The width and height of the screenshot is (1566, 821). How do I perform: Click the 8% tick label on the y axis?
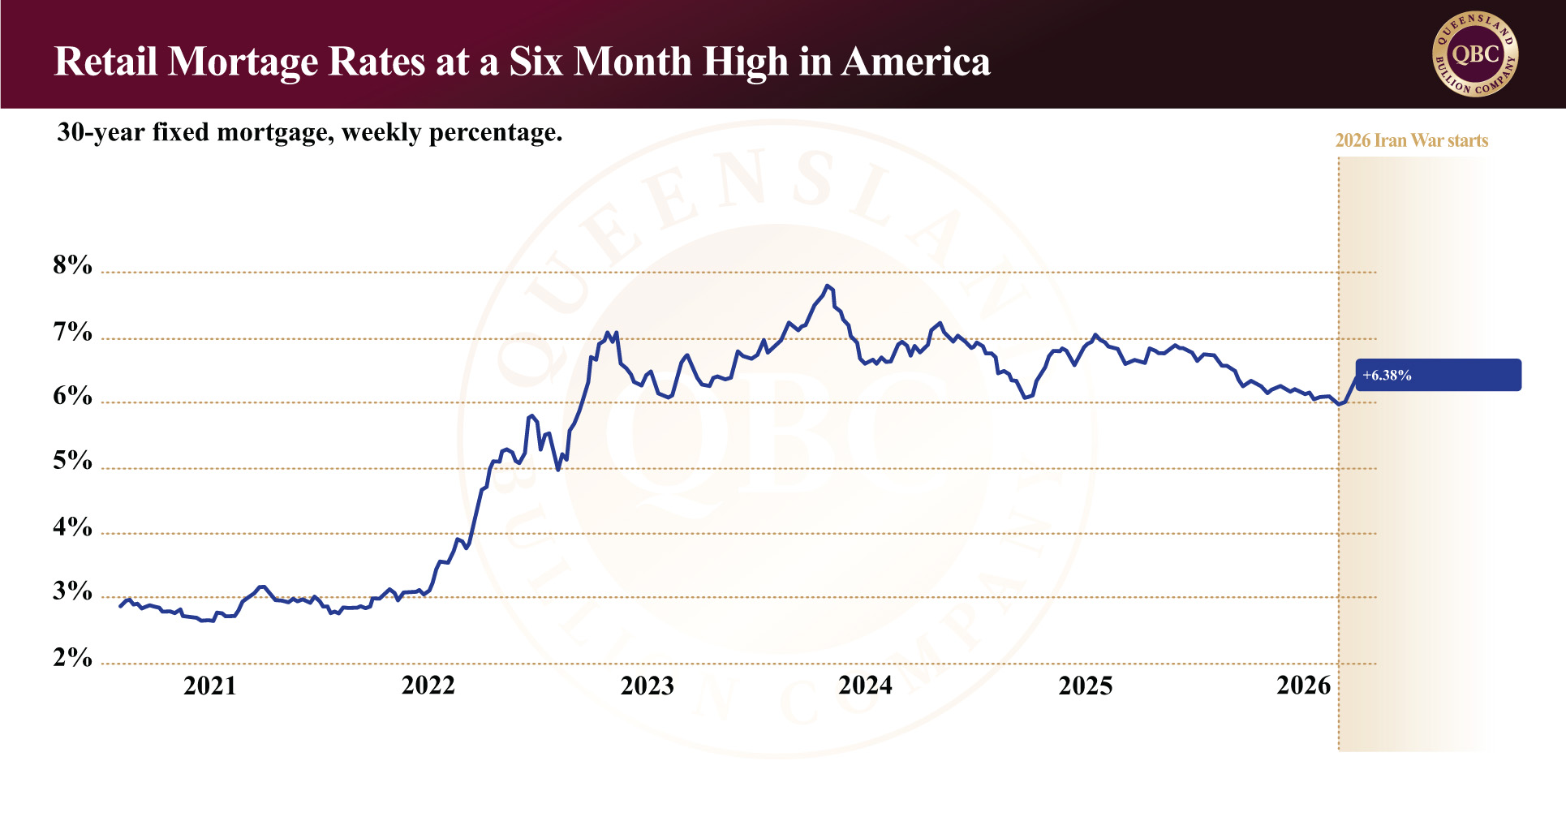72,265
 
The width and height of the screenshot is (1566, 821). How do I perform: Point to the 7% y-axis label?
72,332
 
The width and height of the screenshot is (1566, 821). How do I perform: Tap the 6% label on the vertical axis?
72,396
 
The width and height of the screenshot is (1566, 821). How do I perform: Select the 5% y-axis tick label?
72,461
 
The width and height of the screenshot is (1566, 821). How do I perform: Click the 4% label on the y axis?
72,527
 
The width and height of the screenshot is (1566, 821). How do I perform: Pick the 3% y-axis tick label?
72,591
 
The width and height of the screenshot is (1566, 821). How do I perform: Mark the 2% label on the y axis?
72,657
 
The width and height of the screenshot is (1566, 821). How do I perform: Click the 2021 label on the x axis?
209,686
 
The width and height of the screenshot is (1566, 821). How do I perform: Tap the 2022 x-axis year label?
428,686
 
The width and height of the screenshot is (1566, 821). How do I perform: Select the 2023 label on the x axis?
647,686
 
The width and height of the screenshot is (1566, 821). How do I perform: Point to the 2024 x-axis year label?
865,686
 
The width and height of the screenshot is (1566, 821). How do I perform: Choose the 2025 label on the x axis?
1085,686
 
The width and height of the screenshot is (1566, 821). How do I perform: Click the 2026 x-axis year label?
1303,686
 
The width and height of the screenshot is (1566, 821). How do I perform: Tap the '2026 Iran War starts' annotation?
1412,140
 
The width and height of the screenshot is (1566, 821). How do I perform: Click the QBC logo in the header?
1475,54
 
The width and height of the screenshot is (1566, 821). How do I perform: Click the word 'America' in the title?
916,62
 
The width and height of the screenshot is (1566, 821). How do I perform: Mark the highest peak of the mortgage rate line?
827,286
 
